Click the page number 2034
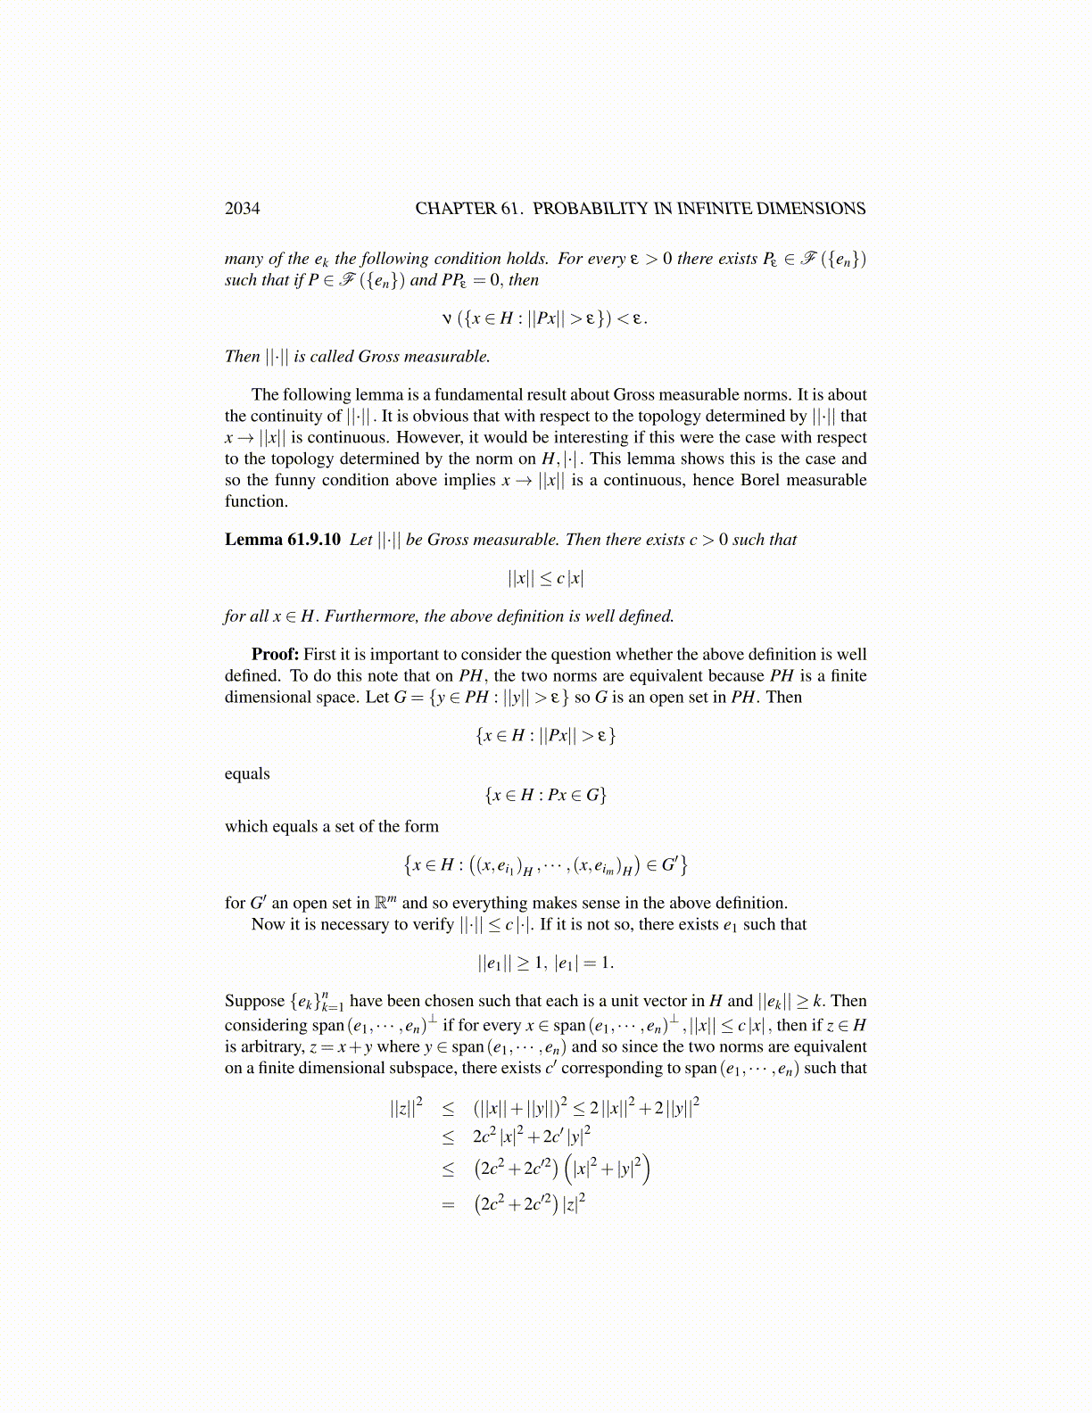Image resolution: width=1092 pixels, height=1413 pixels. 242,209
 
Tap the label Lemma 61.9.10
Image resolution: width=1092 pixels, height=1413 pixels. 282,540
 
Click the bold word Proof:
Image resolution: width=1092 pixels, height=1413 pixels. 275,655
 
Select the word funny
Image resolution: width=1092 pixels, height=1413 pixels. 294,480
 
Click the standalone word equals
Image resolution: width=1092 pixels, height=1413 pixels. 247,773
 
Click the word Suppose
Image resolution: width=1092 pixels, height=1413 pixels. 254,1002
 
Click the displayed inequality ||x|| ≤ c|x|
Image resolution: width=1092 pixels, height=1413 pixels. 545,578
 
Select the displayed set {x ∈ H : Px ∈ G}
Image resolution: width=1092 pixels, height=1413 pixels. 545,795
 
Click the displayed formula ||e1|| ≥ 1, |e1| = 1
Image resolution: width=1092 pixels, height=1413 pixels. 545,963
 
